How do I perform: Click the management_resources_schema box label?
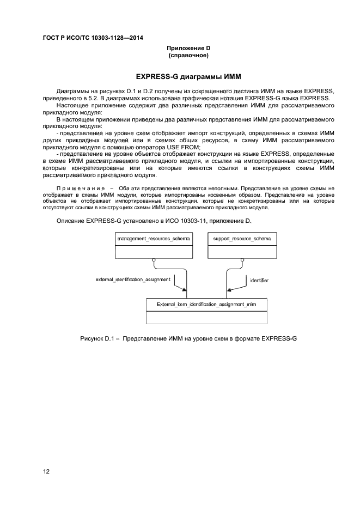pos(153,239)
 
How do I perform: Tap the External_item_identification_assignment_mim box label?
pos(206,305)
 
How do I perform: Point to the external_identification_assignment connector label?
pos(133,279)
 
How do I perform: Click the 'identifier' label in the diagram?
pos(259,280)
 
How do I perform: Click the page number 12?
pos(46,471)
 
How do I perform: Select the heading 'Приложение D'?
pos(189,48)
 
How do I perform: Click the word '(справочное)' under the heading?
pos(189,55)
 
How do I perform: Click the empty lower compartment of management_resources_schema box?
pos(153,251)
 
